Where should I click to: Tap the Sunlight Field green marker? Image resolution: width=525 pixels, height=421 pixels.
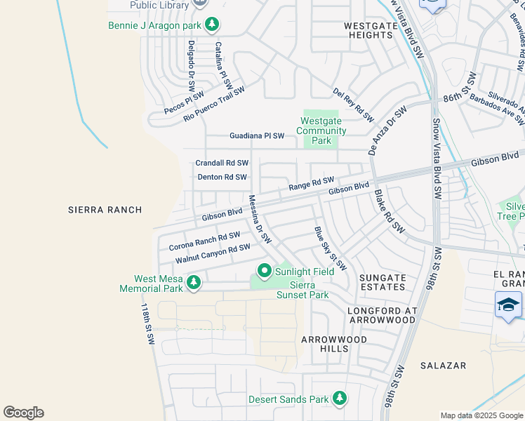[x=265, y=270]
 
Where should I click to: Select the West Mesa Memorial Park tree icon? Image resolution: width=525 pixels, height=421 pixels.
[x=193, y=283]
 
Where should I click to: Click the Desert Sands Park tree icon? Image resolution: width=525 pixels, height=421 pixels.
[x=339, y=399]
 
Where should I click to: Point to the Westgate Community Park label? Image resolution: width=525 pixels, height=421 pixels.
[x=321, y=131]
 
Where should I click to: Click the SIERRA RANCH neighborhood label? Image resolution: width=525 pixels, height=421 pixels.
[x=105, y=210]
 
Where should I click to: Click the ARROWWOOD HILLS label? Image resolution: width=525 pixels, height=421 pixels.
[x=324, y=344]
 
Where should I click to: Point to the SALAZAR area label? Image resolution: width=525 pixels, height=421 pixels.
[x=443, y=366]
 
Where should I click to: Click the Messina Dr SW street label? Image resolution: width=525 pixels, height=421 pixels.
[x=260, y=219]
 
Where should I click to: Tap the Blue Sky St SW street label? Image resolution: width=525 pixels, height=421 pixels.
[x=330, y=248]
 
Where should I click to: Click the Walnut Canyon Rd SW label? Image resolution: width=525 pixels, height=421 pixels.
[x=213, y=253]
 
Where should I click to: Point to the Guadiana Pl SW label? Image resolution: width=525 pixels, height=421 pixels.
[x=257, y=135]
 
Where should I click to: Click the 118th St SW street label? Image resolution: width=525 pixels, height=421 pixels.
[x=147, y=323]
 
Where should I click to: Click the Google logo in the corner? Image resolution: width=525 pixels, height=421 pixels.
[x=23, y=413]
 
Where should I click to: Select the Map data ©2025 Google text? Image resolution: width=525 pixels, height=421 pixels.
[x=481, y=415]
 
